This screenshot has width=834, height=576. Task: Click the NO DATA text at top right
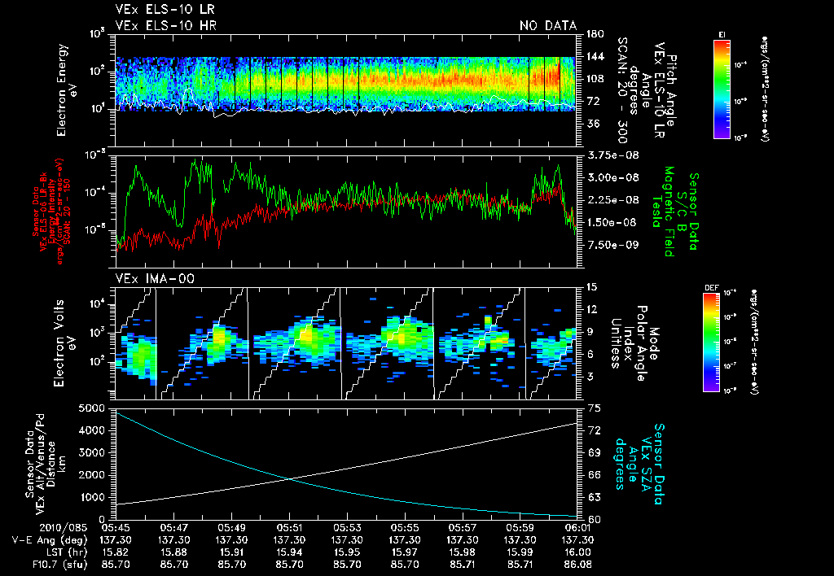tap(547, 26)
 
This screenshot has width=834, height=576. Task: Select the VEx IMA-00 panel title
tap(147, 279)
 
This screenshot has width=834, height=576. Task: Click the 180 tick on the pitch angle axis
tap(593, 34)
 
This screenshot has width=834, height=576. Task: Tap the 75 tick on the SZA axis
tap(590, 408)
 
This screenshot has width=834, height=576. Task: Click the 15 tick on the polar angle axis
tap(590, 287)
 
